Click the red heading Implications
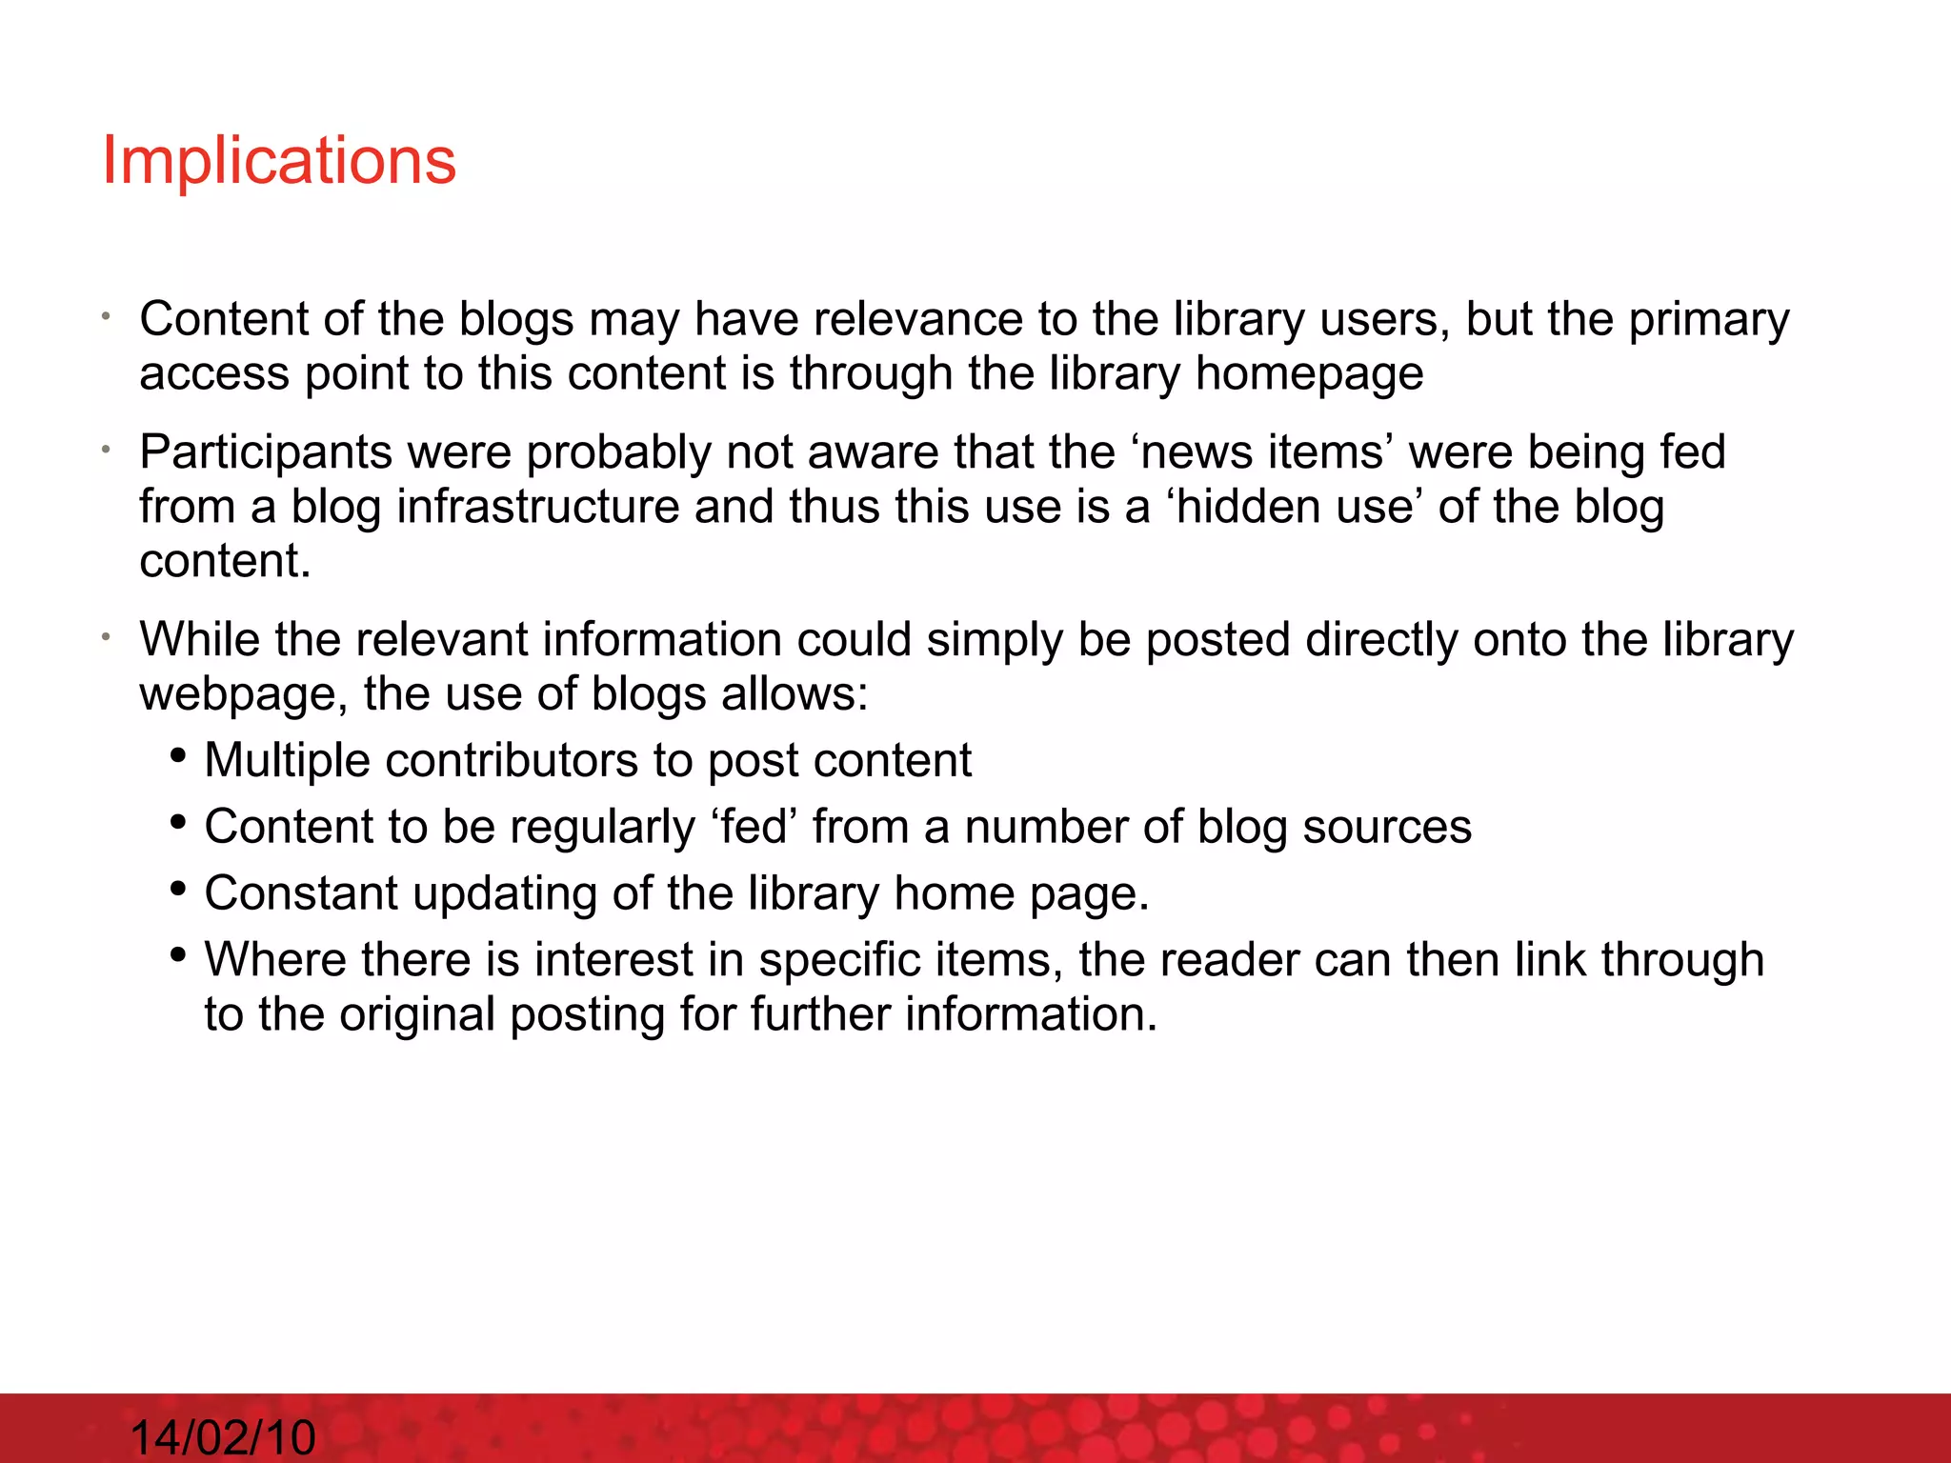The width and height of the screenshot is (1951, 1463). coord(279,160)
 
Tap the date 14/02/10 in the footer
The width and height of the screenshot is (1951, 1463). coord(222,1436)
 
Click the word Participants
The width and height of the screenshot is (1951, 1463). coord(266,452)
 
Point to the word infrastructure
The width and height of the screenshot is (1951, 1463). coord(538,507)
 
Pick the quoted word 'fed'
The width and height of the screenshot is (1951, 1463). coord(753,827)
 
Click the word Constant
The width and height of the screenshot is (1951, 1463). coord(301,893)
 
